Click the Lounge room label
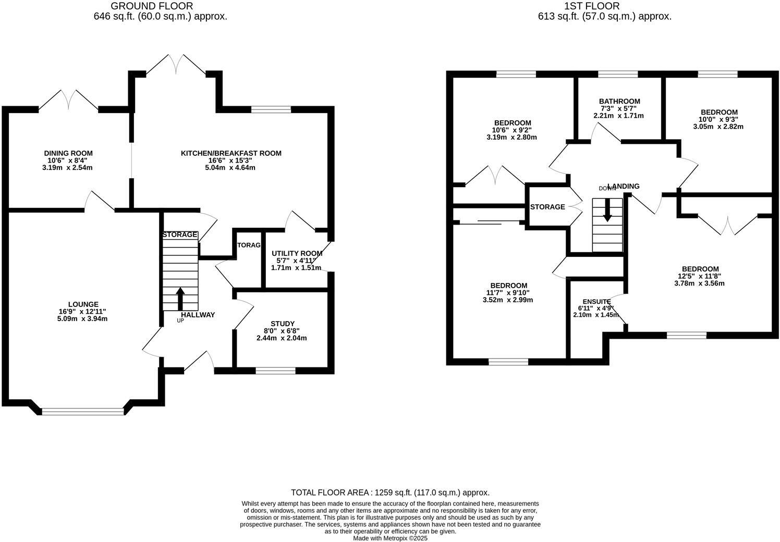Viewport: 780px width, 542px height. click(x=83, y=304)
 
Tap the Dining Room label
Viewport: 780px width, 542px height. click(x=68, y=153)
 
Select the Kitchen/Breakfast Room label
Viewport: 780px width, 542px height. click(x=231, y=153)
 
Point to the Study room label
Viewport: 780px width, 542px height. click(x=282, y=324)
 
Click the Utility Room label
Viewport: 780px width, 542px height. click(x=297, y=253)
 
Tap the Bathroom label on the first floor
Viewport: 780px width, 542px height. click(x=619, y=101)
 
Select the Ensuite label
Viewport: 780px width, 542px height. click(x=596, y=302)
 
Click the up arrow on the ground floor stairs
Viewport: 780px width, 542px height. click(x=180, y=299)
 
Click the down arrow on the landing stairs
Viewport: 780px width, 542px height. click(x=607, y=211)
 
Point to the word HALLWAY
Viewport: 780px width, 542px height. click(x=198, y=315)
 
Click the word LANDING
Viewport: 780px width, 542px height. click(x=624, y=186)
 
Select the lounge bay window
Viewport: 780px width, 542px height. click(x=83, y=411)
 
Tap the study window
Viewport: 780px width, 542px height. click(x=275, y=371)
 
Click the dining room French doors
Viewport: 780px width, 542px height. click(x=68, y=100)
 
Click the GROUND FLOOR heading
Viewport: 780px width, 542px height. click(x=152, y=6)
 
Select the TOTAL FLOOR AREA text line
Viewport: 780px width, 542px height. click(x=390, y=492)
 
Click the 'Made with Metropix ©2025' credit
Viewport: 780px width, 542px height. click(x=390, y=538)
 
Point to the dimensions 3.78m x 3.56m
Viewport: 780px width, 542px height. click(x=699, y=284)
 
